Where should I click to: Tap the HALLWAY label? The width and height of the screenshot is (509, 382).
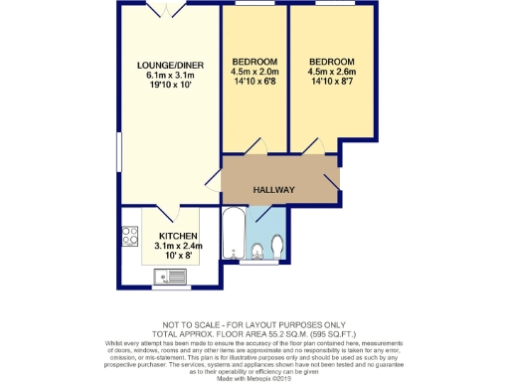[x=272, y=190]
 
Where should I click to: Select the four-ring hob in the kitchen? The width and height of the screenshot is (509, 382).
[x=129, y=237]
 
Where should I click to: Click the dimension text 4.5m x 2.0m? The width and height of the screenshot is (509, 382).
[x=254, y=71]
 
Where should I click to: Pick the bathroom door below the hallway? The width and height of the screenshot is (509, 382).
[x=260, y=212]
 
